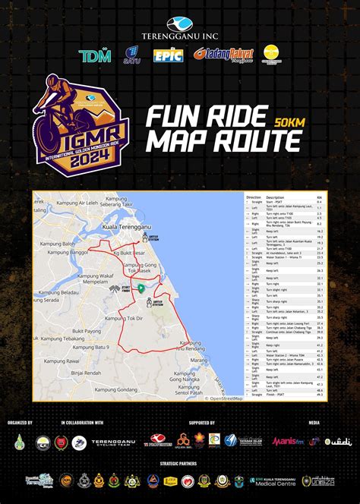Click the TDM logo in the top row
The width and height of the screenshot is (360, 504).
(95, 55)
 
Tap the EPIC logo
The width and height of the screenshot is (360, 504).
(169, 55)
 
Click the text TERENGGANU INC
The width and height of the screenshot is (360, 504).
(180, 35)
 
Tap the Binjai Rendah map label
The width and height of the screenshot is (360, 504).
(86, 373)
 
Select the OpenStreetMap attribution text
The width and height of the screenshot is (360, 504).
(226, 398)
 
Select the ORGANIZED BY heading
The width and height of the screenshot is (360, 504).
(20, 422)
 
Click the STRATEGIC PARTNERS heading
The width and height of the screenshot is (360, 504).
(180, 461)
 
